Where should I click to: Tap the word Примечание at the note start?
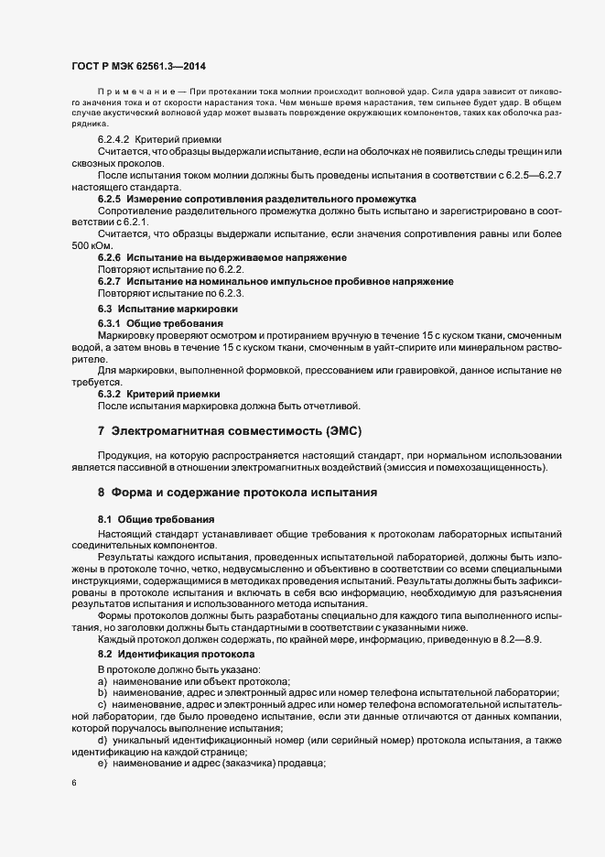[x=135, y=93]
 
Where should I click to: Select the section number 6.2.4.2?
[x=115, y=137]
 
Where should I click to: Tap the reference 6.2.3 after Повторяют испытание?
[x=230, y=293]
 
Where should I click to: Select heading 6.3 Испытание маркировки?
[x=170, y=311]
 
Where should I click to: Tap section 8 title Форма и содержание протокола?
[x=237, y=493]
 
